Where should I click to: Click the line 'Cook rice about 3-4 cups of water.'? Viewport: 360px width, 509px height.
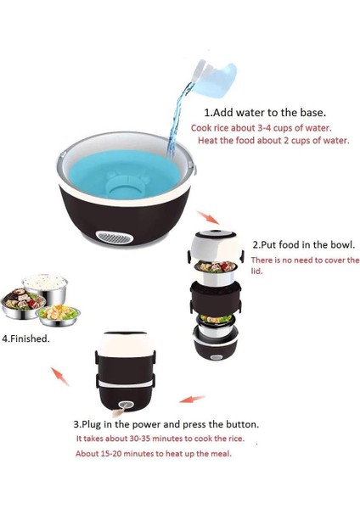click(261, 127)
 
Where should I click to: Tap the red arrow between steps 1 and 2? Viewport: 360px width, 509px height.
click(201, 218)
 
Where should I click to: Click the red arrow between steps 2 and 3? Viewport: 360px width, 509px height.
click(192, 396)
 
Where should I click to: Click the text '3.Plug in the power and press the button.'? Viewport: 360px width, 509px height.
click(166, 423)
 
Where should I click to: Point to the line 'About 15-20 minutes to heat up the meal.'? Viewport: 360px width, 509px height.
click(153, 453)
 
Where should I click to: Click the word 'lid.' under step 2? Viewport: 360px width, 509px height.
click(256, 271)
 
